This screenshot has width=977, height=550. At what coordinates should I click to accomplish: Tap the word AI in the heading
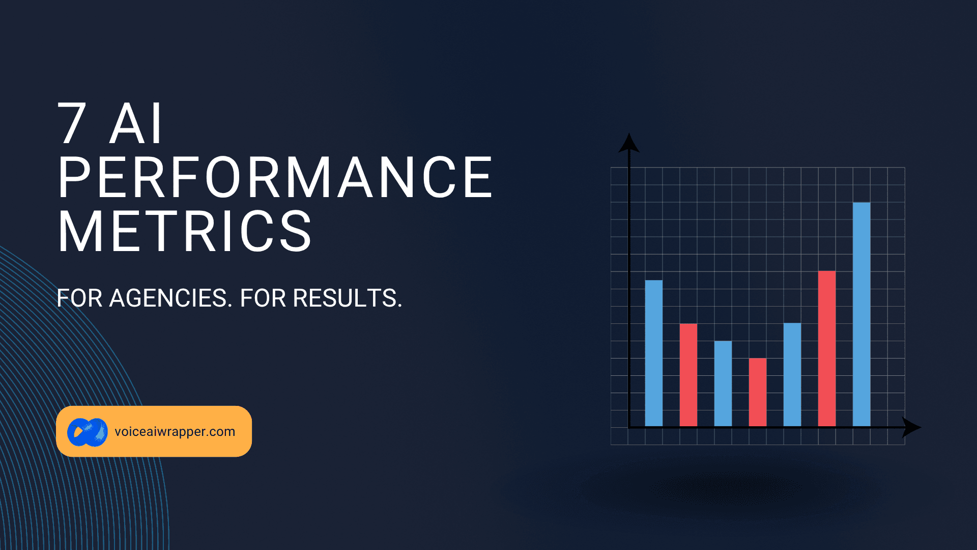(x=136, y=123)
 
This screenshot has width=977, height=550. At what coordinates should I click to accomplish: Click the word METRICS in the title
(x=185, y=231)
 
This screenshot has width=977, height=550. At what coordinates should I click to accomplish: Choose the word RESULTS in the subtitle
(x=344, y=298)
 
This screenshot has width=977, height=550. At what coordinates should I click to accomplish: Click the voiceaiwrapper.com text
(x=175, y=431)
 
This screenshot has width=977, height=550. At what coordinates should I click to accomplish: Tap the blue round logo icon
(x=88, y=432)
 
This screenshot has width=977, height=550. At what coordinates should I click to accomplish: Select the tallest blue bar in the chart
(x=861, y=314)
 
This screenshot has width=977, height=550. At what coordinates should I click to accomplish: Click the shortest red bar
(x=758, y=392)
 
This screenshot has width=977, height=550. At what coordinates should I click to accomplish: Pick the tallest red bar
(x=827, y=348)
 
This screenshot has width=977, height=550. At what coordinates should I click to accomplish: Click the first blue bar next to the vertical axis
(x=654, y=353)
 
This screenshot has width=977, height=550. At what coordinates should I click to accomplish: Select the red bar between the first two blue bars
(x=688, y=375)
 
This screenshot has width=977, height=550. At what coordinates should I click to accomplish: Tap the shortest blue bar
(x=723, y=383)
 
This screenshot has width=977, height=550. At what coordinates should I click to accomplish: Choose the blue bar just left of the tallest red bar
(x=792, y=375)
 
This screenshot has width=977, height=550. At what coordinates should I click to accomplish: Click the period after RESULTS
(x=400, y=306)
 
